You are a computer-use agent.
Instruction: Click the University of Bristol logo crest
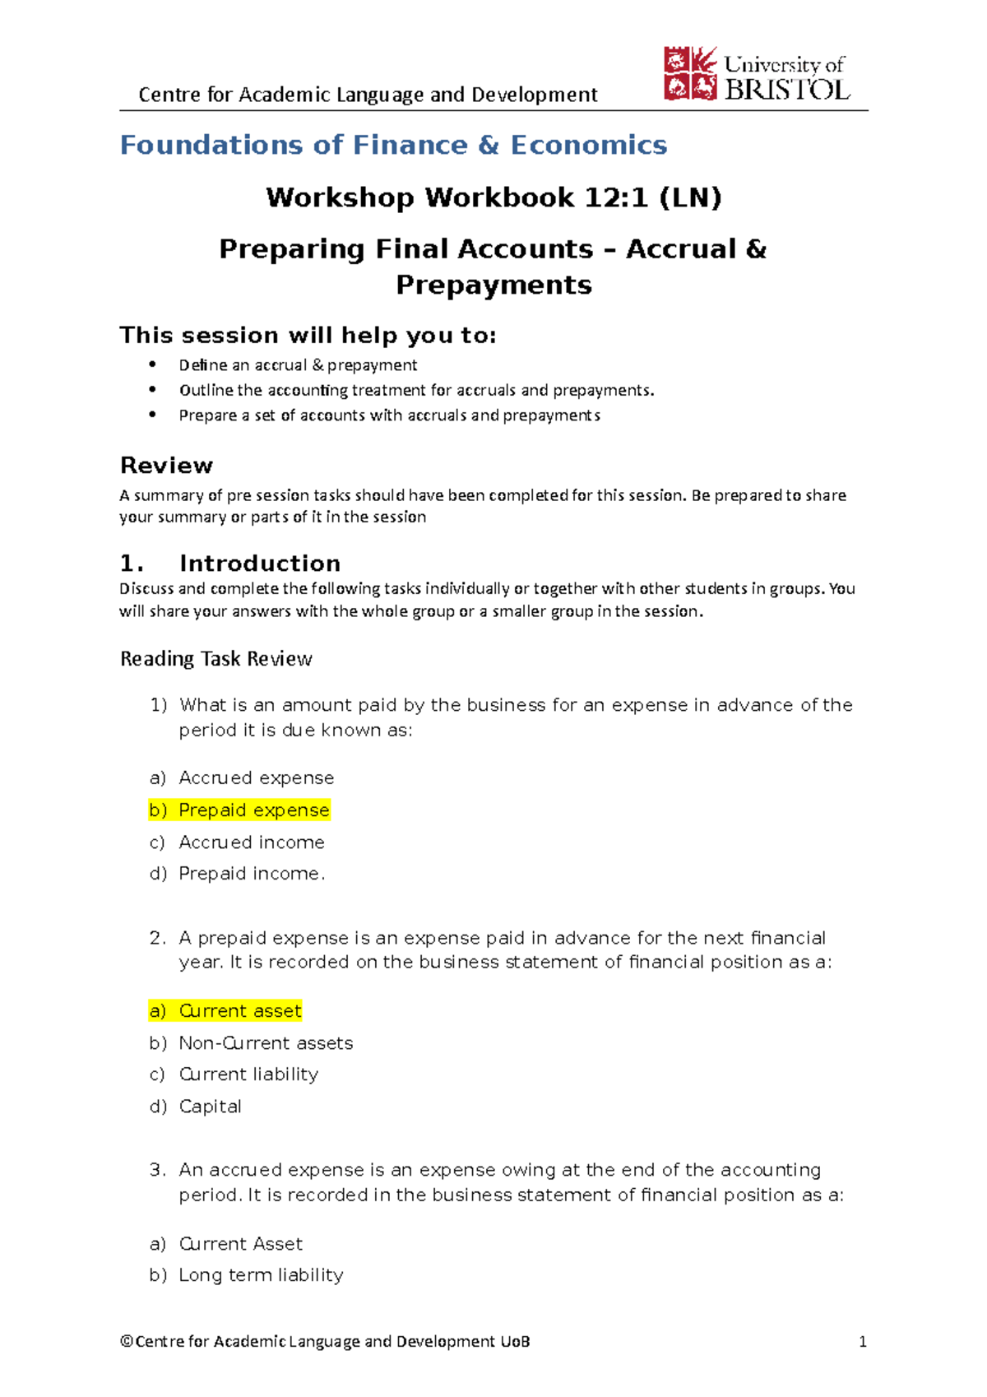pyautogui.click(x=690, y=74)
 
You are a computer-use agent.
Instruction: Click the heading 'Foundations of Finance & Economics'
pyautogui.click(x=393, y=146)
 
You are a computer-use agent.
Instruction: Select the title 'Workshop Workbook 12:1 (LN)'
pyautogui.click(x=493, y=197)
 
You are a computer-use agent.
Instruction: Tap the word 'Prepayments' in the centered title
pyautogui.click(x=493, y=285)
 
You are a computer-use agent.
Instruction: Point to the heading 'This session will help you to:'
pyautogui.click(x=308, y=336)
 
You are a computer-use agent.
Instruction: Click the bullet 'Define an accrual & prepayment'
pyautogui.click(x=298, y=365)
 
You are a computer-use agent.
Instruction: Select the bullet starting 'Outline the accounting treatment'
pyautogui.click(x=416, y=390)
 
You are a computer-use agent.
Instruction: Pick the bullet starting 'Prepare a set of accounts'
pyautogui.click(x=389, y=415)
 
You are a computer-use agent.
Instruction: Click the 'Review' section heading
pyautogui.click(x=166, y=466)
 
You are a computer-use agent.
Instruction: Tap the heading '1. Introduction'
pyautogui.click(x=230, y=564)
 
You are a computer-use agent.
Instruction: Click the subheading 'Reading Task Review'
pyautogui.click(x=216, y=659)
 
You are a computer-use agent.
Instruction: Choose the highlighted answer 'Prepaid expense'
pyautogui.click(x=253, y=810)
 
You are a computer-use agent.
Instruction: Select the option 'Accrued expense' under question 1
pyautogui.click(x=256, y=778)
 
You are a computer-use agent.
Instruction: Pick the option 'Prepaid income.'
pyautogui.click(x=252, y=874)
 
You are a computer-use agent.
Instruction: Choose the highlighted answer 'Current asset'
pyautogui.click(x=240, y=1011)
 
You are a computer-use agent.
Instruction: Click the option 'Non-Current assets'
pyautogui.click(x=266, y=1043)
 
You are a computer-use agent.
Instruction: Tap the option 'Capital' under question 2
pyautogui.click(x=210, y=1107)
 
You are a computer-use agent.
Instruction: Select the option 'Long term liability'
pyautogui.click(x=261, y=1275)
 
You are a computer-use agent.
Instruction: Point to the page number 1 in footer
pyautogui.click(x=863, y=1342)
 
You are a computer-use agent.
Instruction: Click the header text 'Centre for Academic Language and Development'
pyautogui.click(x=368, y=95)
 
